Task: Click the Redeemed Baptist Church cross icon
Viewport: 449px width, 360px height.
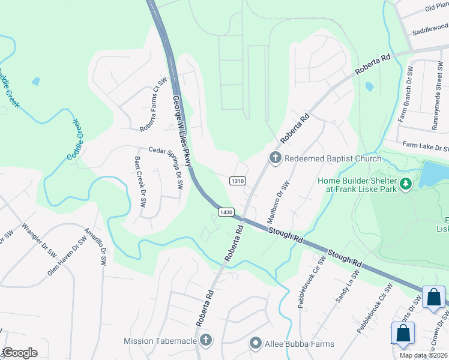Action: pyautogui.click(x=276, y=158)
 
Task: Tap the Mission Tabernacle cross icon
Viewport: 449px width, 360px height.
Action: pyautogui.click(x=206, y=341)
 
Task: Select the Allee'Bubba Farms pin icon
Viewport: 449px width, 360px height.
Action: pyautogui.click(x=256, y=344)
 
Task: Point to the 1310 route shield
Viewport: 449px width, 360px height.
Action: pyautogui.click(x=238, y=181)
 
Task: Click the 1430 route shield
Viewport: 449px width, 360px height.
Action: pyautogui.click(x=226, y=212)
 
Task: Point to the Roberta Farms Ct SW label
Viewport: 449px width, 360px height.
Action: pyautogui.click(x=153, y=106)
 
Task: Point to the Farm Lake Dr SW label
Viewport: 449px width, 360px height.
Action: pyautogui.click(x=426, y=145)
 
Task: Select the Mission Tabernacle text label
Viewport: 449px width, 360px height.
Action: pyautogui.click(x=160, y=341)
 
